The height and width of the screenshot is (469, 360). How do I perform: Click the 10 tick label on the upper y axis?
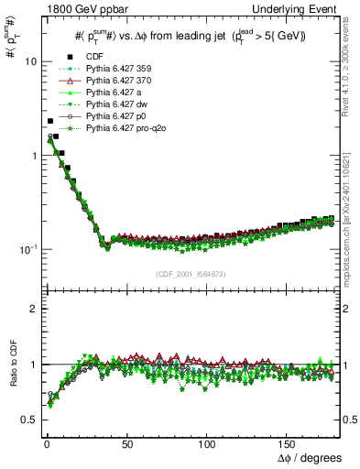click(28, 61)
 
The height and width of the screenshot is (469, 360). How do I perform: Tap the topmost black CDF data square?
click(50, 121)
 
